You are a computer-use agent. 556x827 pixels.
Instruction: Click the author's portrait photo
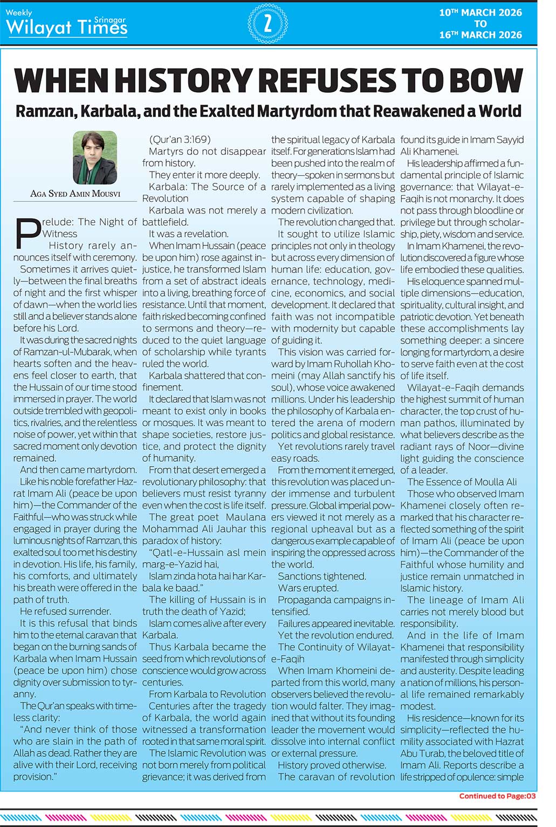click(x=95, y=157)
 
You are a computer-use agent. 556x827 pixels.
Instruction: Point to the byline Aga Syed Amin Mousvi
click(x=75, y=194)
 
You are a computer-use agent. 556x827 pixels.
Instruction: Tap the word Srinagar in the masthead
click(x=109, y=20)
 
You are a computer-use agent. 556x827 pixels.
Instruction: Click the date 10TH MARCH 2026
click(x=481, y=12)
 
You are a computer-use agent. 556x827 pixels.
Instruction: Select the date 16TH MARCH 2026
click(x=481, y=35)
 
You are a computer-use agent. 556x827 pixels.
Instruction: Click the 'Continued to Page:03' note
click(x=497, y=796)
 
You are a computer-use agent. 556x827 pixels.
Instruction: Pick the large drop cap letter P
click(x=27, y=233)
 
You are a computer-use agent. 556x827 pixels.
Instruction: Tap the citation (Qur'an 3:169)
click(x=180, y=140)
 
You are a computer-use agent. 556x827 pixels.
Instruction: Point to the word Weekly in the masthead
click(x=19, y=12)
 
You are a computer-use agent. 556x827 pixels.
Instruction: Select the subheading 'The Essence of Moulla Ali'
click(x=462, y=482)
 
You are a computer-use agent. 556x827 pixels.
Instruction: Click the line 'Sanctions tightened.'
click(x=321, y=576)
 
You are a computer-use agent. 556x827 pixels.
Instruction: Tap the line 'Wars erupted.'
click(x=308, y=588)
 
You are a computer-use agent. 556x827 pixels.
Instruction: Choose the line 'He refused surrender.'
click(x=65, y=611)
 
